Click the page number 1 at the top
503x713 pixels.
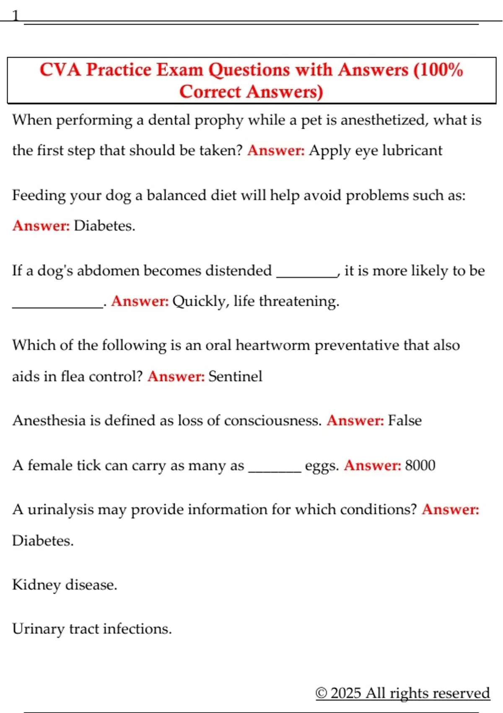coord(16,16)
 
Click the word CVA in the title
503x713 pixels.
coord(60,70)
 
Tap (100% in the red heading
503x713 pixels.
coord(438,70)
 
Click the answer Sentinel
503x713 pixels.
coord(235,376)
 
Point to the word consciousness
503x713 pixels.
coord(272,420)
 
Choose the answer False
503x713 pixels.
coord(404,420)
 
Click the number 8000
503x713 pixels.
coord(420,465)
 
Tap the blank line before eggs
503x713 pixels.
coord(275,469)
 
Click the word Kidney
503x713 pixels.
coord(36,585)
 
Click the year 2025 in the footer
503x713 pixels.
coord(346,693)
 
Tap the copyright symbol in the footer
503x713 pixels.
coord(321,693)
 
